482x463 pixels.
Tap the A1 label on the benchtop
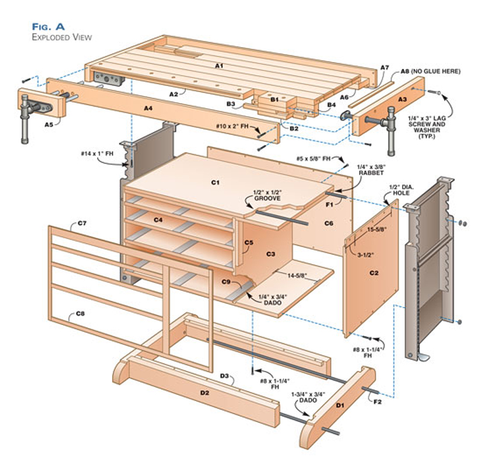[x=219, y=64]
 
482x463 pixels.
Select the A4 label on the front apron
[x=148, y=108]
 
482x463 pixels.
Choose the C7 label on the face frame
[x=83, y=223]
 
